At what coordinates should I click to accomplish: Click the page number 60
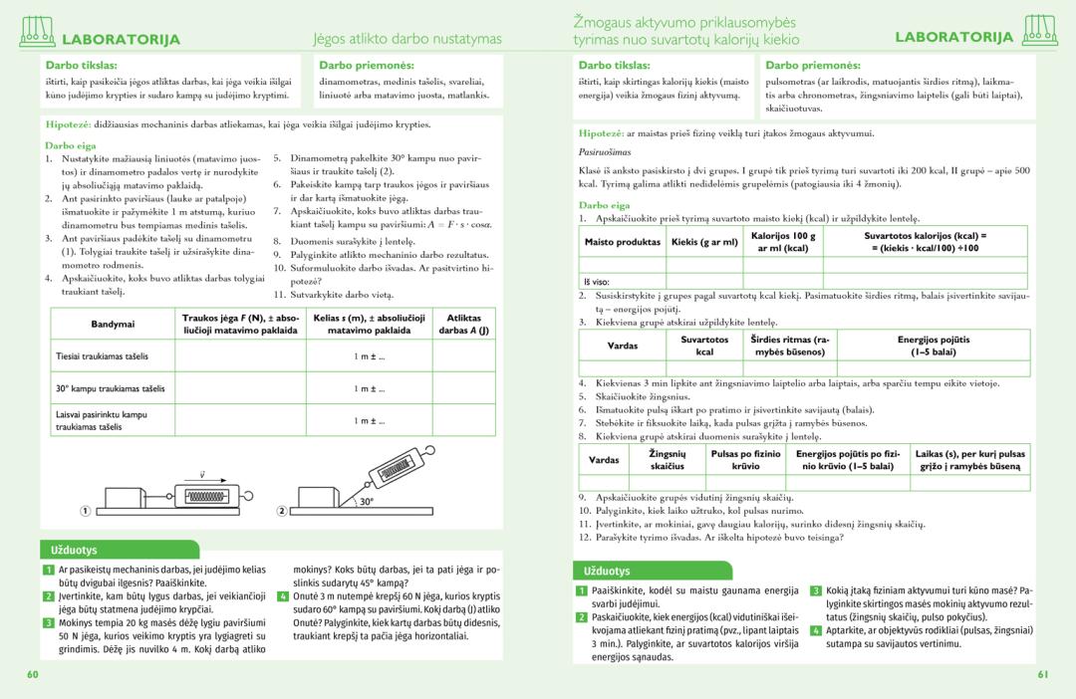[x=33, y=675]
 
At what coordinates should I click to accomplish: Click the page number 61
[x=1042, y=675]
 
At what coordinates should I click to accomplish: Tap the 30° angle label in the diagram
[x=366, y=502]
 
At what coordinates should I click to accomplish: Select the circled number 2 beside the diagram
[x=281, y=511]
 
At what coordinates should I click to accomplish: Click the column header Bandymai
[x=112, y=324]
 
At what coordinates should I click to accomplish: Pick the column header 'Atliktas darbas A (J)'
[x=463, y=324]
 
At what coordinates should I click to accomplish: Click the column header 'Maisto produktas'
[x=623, y=242]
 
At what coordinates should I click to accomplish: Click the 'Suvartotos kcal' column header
[x=704, y=346]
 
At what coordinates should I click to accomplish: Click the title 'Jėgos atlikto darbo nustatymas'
[x=407, y=40]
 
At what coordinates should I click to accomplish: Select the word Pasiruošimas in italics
[x=605, y=152]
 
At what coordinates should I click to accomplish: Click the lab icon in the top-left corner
[x=37, y=33]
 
